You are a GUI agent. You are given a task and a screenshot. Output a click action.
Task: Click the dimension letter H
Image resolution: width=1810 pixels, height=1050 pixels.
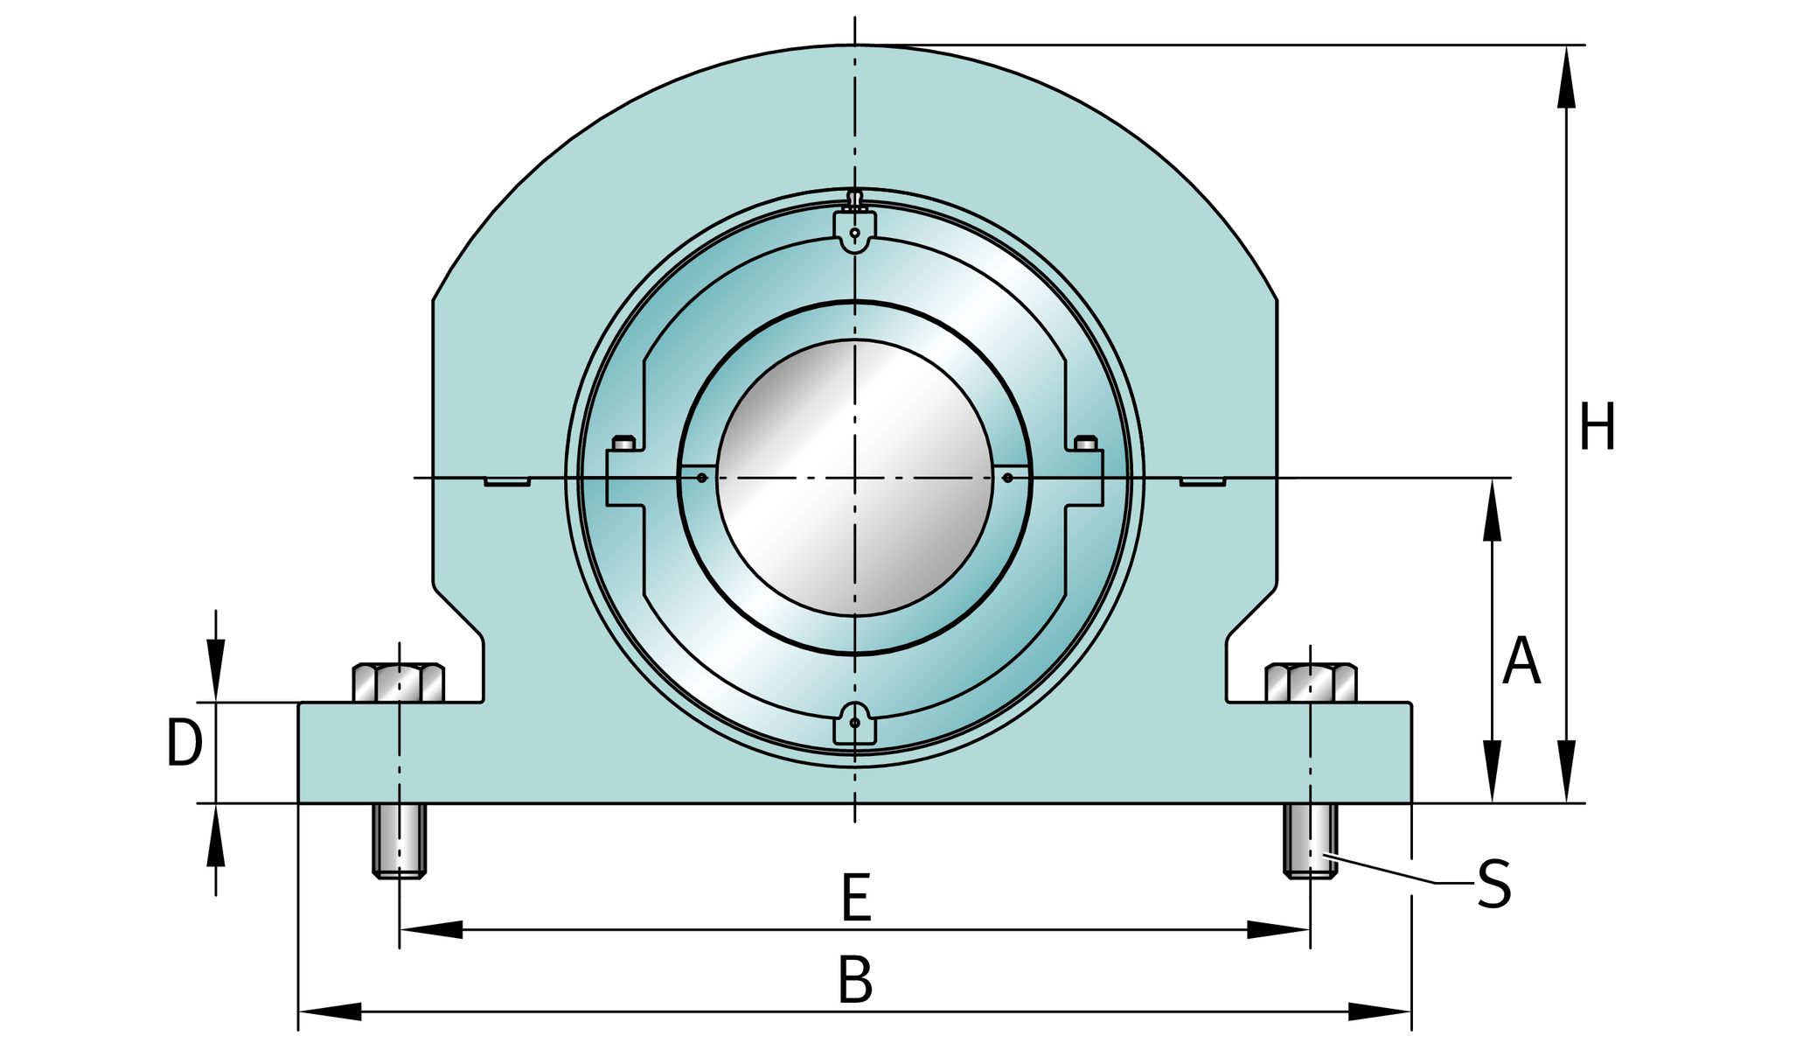(x=1597, y=428)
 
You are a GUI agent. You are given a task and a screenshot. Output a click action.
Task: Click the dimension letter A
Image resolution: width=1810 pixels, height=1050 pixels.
(x=1521, y=661)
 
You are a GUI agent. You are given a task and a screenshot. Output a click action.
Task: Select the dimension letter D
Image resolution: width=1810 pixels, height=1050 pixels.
(x=184, y=744)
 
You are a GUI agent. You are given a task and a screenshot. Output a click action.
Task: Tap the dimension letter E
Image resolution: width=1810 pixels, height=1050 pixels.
(x=856, y=898)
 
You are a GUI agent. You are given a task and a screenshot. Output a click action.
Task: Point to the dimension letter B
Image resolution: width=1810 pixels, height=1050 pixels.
(x=855, y=981)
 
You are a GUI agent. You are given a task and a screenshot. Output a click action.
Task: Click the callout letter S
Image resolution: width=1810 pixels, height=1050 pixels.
(x=1494, y=885)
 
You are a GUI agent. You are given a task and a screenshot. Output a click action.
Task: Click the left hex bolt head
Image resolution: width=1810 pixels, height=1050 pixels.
(x=399, y=683)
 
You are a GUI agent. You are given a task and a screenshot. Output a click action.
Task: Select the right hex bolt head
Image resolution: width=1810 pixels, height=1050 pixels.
(x=1311, y=683)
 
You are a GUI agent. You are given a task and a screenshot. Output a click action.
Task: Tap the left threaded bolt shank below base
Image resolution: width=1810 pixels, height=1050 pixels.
(x=400, y=840)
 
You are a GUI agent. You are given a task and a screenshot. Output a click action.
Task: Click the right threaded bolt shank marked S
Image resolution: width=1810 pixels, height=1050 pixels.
(x=1311, y=840)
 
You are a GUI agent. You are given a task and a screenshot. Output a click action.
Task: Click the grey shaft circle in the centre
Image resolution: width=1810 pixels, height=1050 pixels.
(x=855, y=478)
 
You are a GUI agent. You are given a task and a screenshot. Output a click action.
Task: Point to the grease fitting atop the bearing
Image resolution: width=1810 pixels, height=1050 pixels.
(x=855, y=199)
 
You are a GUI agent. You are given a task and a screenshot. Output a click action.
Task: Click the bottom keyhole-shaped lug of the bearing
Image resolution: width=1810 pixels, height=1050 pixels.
(x=854, y=723)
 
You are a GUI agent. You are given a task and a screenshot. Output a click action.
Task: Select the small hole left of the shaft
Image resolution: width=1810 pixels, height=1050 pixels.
(x=701, y=478)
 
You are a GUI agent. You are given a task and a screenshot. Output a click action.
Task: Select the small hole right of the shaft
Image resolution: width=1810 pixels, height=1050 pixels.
(x=1007, y=478)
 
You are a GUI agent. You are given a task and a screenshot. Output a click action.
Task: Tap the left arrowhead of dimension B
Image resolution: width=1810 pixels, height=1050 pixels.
(x=331, y=1011)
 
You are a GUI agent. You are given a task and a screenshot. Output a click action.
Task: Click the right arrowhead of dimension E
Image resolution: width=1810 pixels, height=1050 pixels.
(x=1278, y=929)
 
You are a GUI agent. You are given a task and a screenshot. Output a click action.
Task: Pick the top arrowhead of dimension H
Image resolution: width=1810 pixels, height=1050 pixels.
(x=1566, y=77)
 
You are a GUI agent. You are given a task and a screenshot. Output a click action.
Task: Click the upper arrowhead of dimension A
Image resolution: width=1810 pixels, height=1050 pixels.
(x=1493, y=509)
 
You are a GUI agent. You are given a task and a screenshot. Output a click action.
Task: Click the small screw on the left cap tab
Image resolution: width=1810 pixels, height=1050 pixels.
(x=623, y=443)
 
